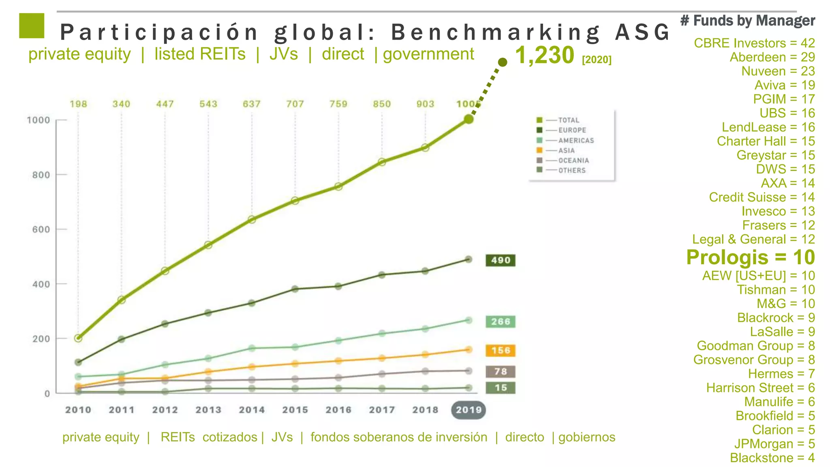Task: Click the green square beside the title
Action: (32, 26)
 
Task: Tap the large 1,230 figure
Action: (544, 55)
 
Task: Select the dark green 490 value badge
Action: (500, 260)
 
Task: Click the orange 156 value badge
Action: (500, 350)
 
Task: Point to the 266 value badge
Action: (500, 321)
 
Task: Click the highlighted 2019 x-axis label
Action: (468, 410)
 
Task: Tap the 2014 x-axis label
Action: (252, 410)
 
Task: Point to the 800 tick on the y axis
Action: (41, 175)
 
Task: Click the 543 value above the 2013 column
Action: (208, 104)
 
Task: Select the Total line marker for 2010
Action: (78, 338)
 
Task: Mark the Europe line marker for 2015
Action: (295, 289)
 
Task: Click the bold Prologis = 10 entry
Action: (750, 257)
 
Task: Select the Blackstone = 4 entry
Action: (772, 458)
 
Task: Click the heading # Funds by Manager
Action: (747, 20)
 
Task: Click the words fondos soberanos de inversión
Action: (399, 437)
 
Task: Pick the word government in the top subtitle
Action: (428, 54)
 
